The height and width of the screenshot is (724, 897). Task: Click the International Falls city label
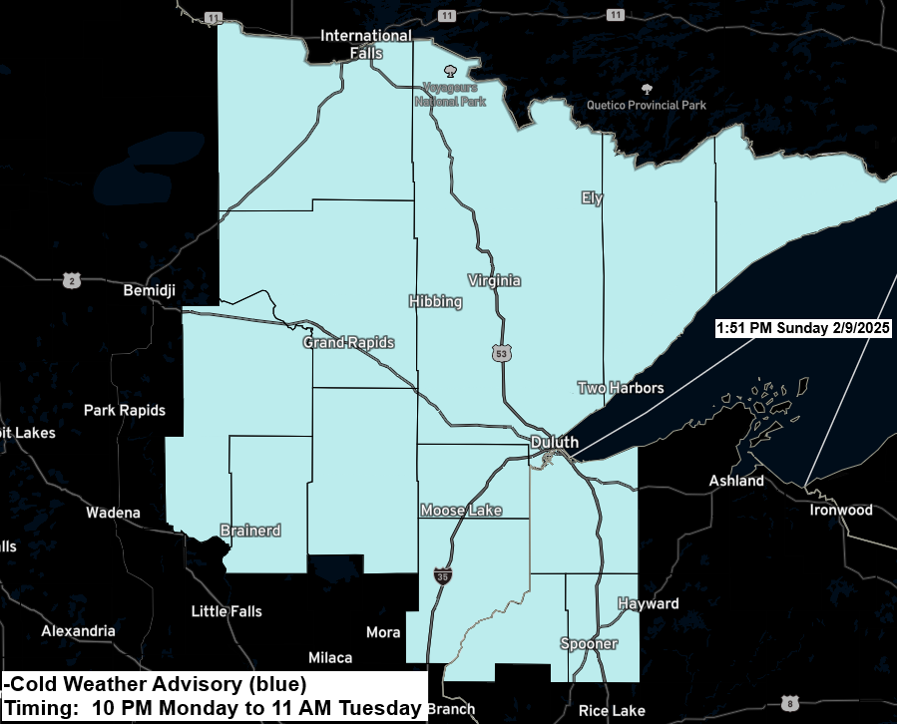365,43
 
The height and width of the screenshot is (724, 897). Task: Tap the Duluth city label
554,442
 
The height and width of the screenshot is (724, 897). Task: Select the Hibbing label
435,301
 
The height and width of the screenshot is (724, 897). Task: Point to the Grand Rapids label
348,343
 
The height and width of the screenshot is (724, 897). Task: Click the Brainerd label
249,531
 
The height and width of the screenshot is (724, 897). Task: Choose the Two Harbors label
620,388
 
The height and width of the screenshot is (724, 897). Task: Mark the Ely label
593,198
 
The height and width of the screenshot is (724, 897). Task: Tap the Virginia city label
494,281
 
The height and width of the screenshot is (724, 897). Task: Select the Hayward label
648,604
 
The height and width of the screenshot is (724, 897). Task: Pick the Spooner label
589,644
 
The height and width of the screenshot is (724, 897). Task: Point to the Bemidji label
149,291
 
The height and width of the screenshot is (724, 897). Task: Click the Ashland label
736,481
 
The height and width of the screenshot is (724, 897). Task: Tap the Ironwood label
840,511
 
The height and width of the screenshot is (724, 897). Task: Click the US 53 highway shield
500,352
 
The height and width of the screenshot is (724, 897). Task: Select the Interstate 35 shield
442,576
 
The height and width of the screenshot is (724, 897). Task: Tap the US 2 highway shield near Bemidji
71,281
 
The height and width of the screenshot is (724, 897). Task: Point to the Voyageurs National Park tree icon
450,71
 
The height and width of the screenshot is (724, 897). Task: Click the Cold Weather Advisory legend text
155,684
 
